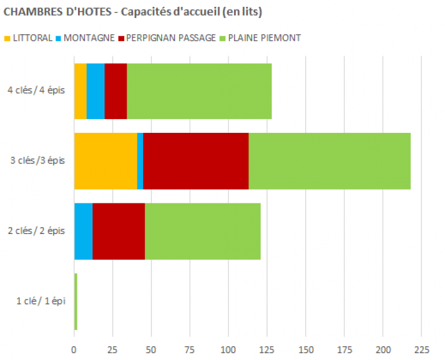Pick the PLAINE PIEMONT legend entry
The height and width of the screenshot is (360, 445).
pyautogui.click(x=259, y=38)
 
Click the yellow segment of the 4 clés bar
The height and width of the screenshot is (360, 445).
pyautogui.click(x=80, y=91)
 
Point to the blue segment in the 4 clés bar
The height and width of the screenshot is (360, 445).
pyautogui.click(x=95, y=91)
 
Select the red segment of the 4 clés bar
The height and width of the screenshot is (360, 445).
pyautogui.click(x=116, y=91)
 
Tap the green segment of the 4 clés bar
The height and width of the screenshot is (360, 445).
pyautogui.click(x=199, y=91)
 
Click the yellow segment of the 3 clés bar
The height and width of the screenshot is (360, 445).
pyautogui.click(x=106, y=161)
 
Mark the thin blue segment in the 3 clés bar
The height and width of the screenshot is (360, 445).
pyautogui.click(x=140, y=161)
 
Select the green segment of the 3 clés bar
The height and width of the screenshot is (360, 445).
pyautogui.click(x=329, y=161)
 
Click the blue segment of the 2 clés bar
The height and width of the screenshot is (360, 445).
pyautogui.click(x=83, y=231)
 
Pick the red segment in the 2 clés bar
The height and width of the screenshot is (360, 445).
pyautogui.click(x=118, y=231)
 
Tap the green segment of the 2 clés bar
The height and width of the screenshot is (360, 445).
pyautogui.click(x=202, y=231)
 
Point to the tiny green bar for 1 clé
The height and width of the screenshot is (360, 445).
pyautogui.click(x=76, y=302)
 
